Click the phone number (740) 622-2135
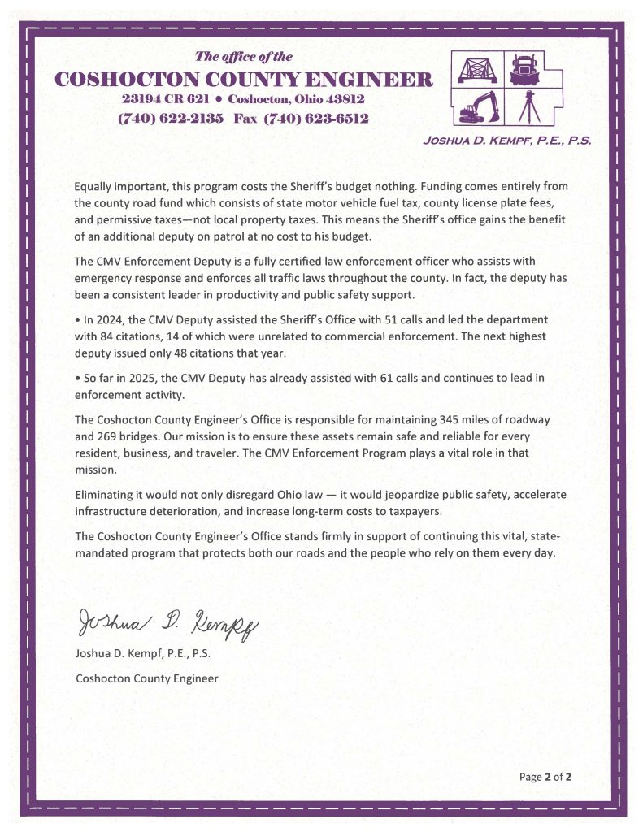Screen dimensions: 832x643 [x=170, y=118]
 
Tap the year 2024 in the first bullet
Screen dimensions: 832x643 [x=106, y=318]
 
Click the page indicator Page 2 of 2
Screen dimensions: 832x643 [x=545, y=777]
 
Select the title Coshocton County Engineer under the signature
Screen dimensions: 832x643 [x=146, y=678]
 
